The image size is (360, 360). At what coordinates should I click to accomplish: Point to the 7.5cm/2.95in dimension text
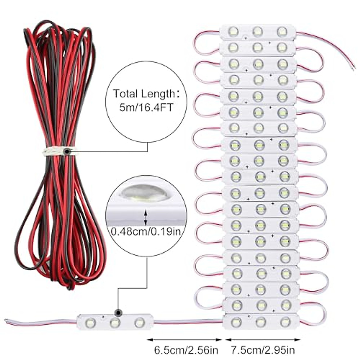click(263, 350)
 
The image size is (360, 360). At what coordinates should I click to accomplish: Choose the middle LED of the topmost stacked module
click(257, 31)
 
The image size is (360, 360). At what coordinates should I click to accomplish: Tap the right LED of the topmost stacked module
click(282, 31)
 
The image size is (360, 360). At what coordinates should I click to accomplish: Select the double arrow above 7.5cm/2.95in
click(263, 340)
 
